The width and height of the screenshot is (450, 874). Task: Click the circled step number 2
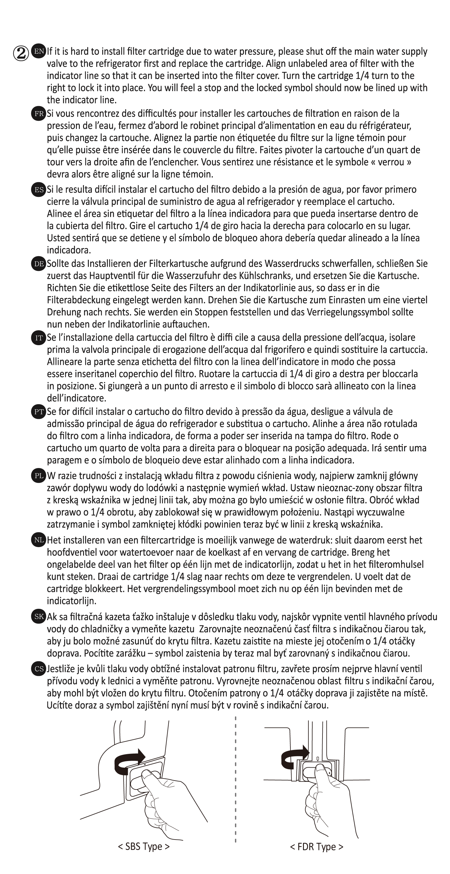pos(21,54)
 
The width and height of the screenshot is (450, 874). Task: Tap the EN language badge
pos(38,52)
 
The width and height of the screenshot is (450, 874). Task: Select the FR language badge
pos(38,114)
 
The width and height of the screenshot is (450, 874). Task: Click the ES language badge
pos(38,190)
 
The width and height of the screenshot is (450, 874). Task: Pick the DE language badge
pos(38,264)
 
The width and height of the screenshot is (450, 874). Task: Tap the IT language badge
pos(38,338)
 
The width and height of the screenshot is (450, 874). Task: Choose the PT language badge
pos(38,412)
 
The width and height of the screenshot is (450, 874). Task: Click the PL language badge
pos(38,476)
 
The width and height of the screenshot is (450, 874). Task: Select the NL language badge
pos(38,540)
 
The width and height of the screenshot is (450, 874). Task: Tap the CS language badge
pos(38,669)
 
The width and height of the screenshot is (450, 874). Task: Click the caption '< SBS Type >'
pos(144,846)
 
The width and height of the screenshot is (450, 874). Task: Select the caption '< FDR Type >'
pos(316,847)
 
